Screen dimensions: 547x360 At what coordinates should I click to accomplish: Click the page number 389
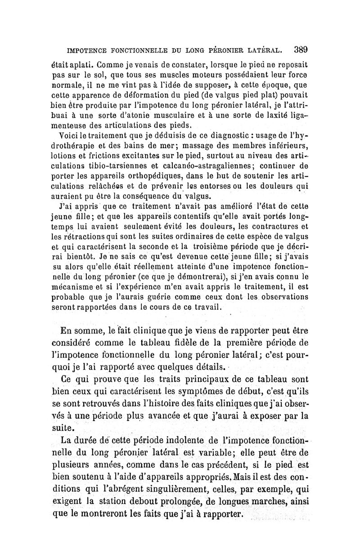299,49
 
